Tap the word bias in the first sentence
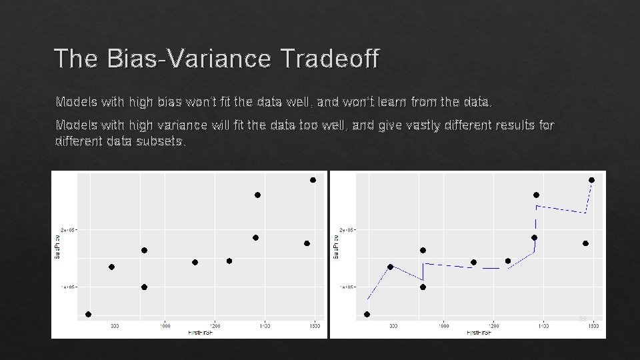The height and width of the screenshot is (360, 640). [171, 103]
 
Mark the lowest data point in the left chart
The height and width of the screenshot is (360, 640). [88, 314]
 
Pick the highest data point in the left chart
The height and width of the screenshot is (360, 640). [313, 180]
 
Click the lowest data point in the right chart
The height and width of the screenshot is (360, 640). [367, 314]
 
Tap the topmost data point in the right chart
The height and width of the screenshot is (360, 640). [591, 180]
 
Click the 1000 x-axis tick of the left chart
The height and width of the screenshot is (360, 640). [165, 326]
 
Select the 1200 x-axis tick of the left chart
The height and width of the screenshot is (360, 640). [215, 326]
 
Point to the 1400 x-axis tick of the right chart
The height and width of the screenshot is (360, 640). [543, 326]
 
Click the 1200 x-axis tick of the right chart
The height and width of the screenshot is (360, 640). [493, 326]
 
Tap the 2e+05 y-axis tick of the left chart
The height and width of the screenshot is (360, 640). [69, 230]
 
